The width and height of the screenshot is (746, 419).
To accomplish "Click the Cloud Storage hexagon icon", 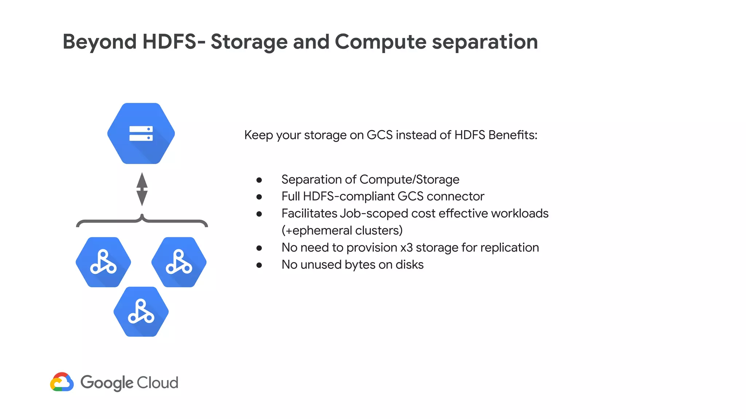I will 141,133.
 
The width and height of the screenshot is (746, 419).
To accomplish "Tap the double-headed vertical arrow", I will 142,189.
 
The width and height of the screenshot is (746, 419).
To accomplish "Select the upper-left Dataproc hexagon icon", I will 103,262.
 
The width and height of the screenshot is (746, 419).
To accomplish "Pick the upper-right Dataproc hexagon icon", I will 179,262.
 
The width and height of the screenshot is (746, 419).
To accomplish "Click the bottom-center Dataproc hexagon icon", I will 141,312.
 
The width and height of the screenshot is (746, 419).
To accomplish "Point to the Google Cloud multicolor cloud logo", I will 62,382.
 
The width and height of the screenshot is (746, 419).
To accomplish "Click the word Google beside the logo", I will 107,383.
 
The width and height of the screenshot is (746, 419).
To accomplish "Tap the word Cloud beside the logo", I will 158,383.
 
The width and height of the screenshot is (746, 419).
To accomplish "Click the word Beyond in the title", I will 99,41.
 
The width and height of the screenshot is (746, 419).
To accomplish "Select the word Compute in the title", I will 380,42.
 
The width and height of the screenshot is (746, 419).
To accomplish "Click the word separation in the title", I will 485,42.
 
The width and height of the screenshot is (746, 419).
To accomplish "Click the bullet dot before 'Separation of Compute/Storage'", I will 259,180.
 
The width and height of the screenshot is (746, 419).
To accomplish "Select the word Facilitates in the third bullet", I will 309,214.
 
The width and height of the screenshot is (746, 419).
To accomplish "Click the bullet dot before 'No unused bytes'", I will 259,265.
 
